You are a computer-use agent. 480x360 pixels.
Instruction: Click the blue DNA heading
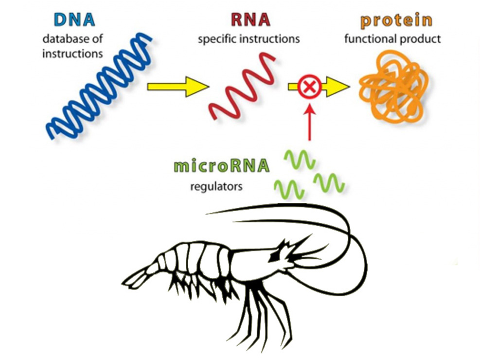[74, 19]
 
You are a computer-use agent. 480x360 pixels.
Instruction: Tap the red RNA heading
[250, 19]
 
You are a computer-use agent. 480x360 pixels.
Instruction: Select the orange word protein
[396, 21]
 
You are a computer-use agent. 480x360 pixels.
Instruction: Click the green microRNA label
[222, 166]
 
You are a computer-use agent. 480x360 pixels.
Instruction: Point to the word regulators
[216, 186]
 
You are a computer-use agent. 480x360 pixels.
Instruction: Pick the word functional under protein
[370, 39]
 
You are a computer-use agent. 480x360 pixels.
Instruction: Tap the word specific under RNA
[217, 39]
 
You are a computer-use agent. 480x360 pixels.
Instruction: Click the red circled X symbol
[310, 87]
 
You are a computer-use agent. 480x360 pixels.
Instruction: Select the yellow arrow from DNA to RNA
[178, 87]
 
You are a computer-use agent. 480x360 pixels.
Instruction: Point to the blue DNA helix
[99, 86]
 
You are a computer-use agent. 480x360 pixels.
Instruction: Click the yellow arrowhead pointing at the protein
[338, 87]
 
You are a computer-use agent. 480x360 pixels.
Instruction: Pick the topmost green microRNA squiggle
[300, 159]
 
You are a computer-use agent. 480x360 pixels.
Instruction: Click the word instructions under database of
[72, 54]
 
